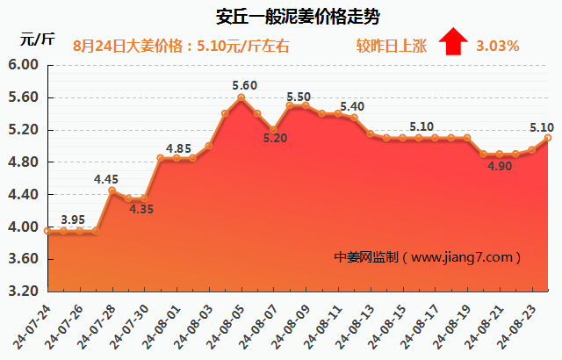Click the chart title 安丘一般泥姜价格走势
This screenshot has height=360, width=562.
(280, 16)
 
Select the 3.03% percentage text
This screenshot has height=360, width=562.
(497, 45)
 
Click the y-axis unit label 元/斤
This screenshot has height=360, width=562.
(37, 40)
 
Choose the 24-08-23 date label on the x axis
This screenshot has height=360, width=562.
(518, 323)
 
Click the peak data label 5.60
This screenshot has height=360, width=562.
(245, 85)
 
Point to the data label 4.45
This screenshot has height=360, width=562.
(107, 179)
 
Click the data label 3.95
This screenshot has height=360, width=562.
(73, 219)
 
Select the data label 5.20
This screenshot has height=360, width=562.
(275, 138)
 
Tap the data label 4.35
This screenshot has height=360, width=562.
(140, 209)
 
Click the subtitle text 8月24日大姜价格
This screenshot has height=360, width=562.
(128, 45)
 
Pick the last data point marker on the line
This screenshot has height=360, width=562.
(548, 138)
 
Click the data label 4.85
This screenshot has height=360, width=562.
(179, 148)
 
